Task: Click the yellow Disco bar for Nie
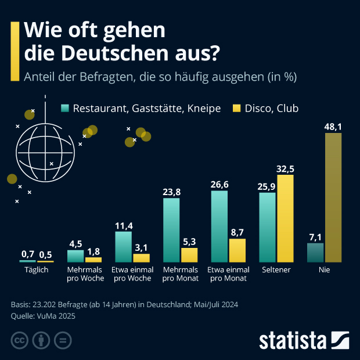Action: click(x=333, y=197)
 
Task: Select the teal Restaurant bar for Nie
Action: click(x=315, y=253)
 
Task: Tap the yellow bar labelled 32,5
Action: click(x=286, y=218)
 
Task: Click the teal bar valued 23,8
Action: click(x=171, y=231)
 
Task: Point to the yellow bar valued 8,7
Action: click(x=237, y=250)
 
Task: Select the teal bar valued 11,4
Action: click(x=124, y=247)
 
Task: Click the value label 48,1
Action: click(x=333, y=126)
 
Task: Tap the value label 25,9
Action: click(x=267, y=186)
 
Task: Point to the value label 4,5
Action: click(x=75, y=243)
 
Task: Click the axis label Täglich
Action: click(x=36, y=270)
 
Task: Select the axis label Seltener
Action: click(x=276, y=270)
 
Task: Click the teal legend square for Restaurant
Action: click(x=65, y=109)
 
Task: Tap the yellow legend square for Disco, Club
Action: click(x=236, y=109)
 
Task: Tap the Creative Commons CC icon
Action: click(x=20, y=340)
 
